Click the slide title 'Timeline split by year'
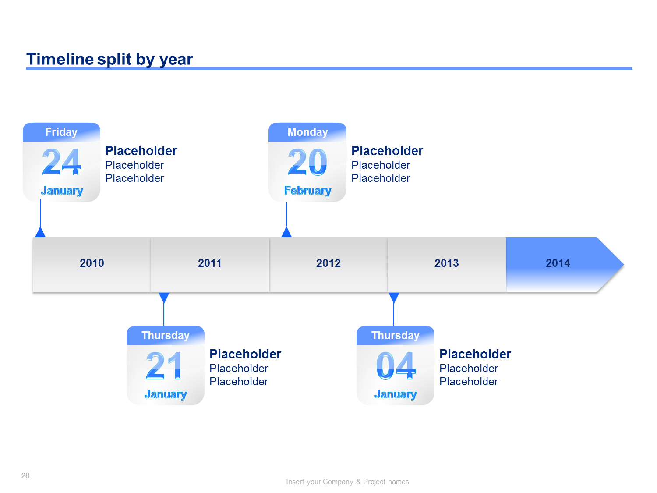tap(109, 59)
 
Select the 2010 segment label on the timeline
tap(92, 263)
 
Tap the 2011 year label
tap(209, 263)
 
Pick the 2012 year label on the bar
tap(328, 263)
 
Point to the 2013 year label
tap(446, 263)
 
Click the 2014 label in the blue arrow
tap(558, 263)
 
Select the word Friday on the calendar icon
tap(61, 132)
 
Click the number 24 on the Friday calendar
tap(61, 162)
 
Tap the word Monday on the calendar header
tap(307, 132)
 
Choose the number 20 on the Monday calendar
tap(307, 162)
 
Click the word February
tap(308, 191)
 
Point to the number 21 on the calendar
tap(164, 365)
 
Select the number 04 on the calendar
tap(396, 365)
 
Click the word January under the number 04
tap(396, 394)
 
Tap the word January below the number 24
tap(62, 191)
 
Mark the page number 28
tap(25, 475)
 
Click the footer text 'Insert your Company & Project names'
tap(347, 482)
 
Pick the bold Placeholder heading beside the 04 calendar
tap(475, 354)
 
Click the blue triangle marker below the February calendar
tap(286, 232)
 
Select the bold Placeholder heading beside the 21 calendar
tap(245, 354)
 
